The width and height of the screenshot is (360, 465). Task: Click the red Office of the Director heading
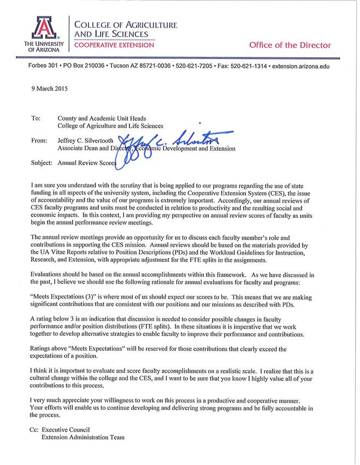(290, 45)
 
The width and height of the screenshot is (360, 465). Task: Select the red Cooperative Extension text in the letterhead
(114, 45)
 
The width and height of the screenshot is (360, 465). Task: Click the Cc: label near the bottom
(34, 430)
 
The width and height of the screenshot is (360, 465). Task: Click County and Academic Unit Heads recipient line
(102, 118)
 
